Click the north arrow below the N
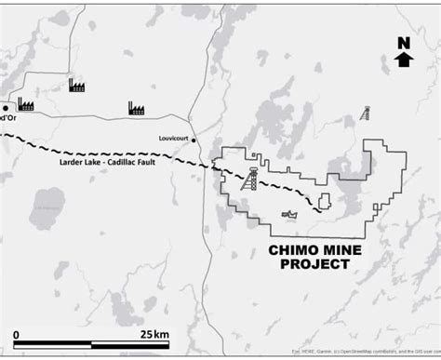[x=403, y=60]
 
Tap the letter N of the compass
[x=403, y=43]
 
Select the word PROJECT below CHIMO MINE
[x=315, y=264]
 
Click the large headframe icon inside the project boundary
[x=248, y=180]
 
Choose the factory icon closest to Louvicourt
[x=136, y=109]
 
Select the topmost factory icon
[x=76, y=86]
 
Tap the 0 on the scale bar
[x=16, y=334]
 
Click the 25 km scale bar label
[x=154, y=334]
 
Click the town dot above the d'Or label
[x=5, y=108]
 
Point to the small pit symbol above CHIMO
[x=290, y=216]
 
